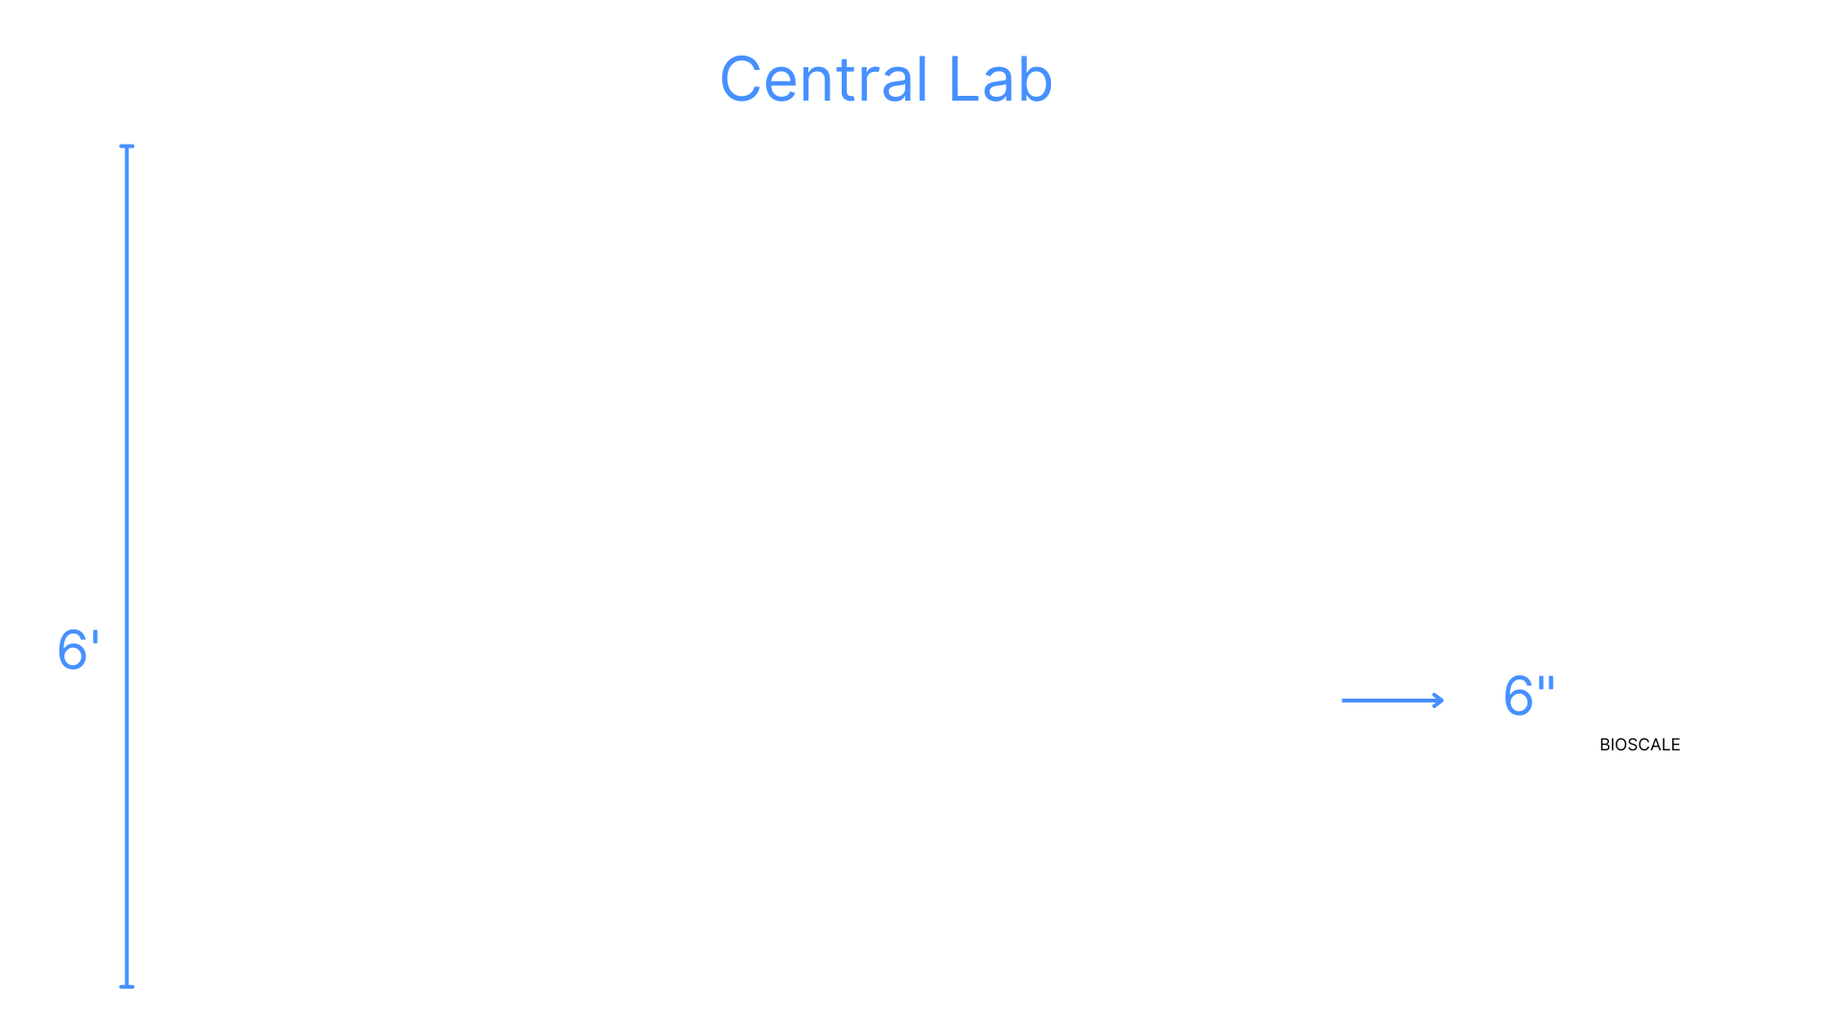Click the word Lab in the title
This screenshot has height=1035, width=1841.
[x=1000, y=80]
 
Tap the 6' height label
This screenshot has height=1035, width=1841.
[x=78, y=651]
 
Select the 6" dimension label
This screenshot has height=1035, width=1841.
[x=1528, y=696]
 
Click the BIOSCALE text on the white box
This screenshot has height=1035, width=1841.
[x=1640, y=745]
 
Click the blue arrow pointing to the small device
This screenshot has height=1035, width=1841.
[x=1392, y=701]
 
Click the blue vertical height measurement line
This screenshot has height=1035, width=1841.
[x=127, y=565]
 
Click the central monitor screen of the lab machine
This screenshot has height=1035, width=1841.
[x=899, y=536]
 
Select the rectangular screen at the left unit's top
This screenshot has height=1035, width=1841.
[x=373, y=438]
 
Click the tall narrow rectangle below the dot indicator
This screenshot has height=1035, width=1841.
[x=772, y=757]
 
